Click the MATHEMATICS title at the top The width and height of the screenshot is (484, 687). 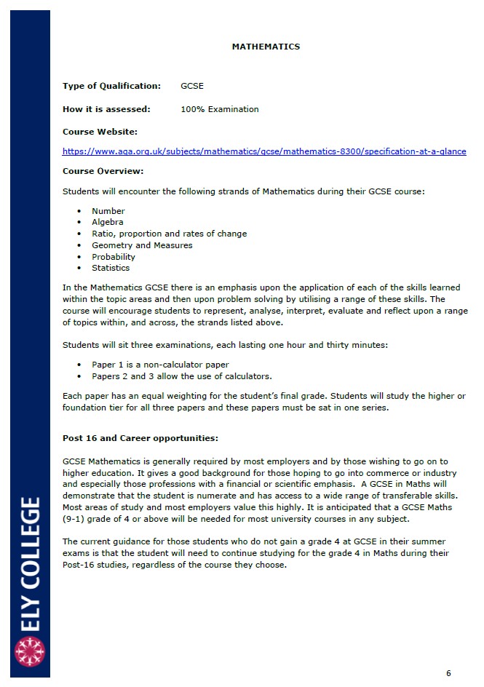point(266,47)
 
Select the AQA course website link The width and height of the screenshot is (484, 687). point(264,151)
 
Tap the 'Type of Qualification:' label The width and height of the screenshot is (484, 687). point(111,86)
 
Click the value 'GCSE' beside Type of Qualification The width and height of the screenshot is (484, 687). point(192,86)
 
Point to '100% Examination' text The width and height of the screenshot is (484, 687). point(219,109)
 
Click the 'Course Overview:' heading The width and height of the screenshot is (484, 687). point(103,171)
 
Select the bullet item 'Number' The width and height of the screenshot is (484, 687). point(108,211)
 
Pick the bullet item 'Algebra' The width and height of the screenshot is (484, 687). point(107,222)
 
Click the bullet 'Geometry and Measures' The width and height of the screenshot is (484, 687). point(142,245)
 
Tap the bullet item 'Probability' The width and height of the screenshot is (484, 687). point(113,257)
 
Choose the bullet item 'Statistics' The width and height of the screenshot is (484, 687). point(110,269)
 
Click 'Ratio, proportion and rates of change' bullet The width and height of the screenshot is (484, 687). point(169,234)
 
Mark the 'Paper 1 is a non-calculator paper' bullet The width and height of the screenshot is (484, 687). point(160,365)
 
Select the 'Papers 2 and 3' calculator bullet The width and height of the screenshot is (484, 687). point(181,376)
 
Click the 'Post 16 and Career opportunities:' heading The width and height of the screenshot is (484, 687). point(140,438)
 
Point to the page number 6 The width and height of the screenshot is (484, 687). point(448,673)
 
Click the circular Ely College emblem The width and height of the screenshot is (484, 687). point(30,652)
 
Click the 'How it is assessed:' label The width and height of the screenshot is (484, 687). point(106,109)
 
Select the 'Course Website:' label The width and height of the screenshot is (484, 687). point(100,132)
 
